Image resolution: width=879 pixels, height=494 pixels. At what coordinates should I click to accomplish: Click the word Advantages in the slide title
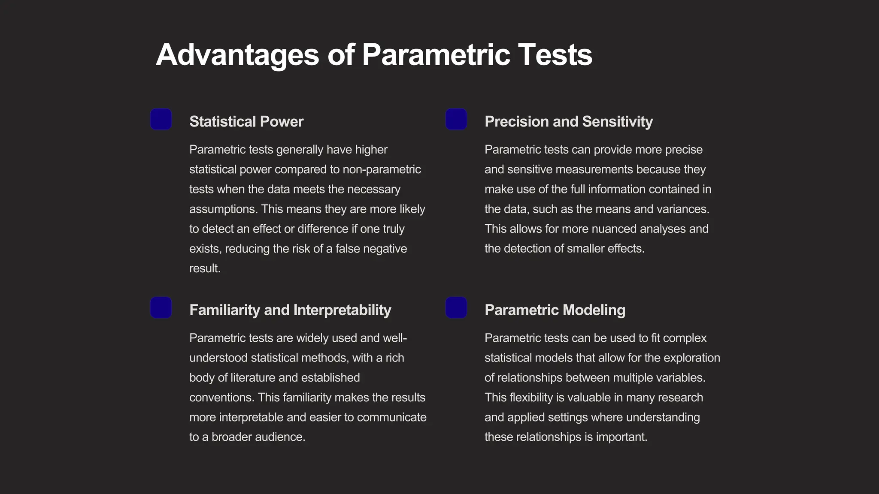click(x=237, y=55)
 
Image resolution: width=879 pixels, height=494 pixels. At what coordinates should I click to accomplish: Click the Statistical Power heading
click(x=246, y=122)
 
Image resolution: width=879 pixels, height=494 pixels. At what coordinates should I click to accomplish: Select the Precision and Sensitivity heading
click(x=569, y=122)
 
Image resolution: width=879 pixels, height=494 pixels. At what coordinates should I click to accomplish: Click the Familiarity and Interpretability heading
click(x=290, y=310)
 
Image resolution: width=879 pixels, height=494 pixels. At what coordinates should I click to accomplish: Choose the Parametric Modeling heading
click(x=555, y=310)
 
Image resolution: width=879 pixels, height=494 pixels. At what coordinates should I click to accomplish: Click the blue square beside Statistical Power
click(x=161, y=119)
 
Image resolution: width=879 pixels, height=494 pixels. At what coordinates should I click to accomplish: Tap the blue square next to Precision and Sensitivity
click(x=456, y=119)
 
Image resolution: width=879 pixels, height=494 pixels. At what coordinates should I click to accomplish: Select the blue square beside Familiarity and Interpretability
click(x=161, y=307)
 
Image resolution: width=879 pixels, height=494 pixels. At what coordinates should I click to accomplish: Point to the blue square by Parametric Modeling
click(x=456, y=307)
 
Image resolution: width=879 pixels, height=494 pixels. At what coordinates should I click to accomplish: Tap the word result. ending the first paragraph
click(x=205, y=268)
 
